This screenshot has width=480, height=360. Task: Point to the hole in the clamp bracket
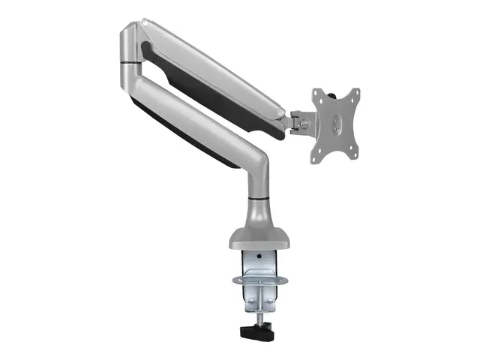click(x=259, y=255)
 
